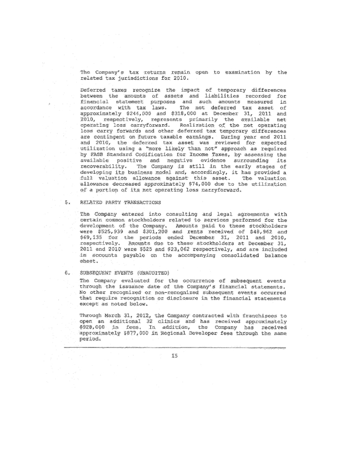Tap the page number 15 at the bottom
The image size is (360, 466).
[174, 355]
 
